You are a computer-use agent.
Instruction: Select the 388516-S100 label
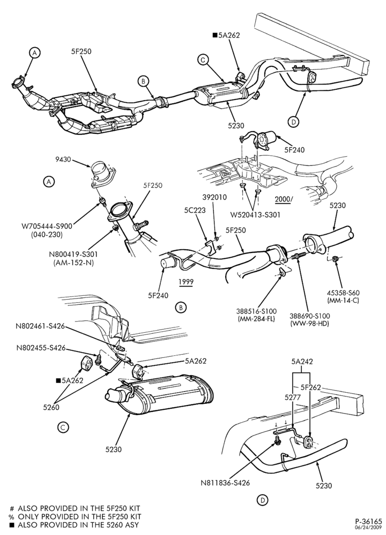coord(256,311)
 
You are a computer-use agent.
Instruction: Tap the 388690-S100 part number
coord(309,316)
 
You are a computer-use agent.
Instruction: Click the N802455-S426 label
coord(41,348)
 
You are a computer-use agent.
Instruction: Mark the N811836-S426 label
coord(225,483)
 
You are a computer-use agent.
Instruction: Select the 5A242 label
coord(302,362)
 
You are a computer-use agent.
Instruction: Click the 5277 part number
coord(292,397)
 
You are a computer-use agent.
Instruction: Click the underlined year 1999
coord(185,282)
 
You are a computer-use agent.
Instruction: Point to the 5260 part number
coord(51,407)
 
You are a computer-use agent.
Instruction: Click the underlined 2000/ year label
coord(284,200)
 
